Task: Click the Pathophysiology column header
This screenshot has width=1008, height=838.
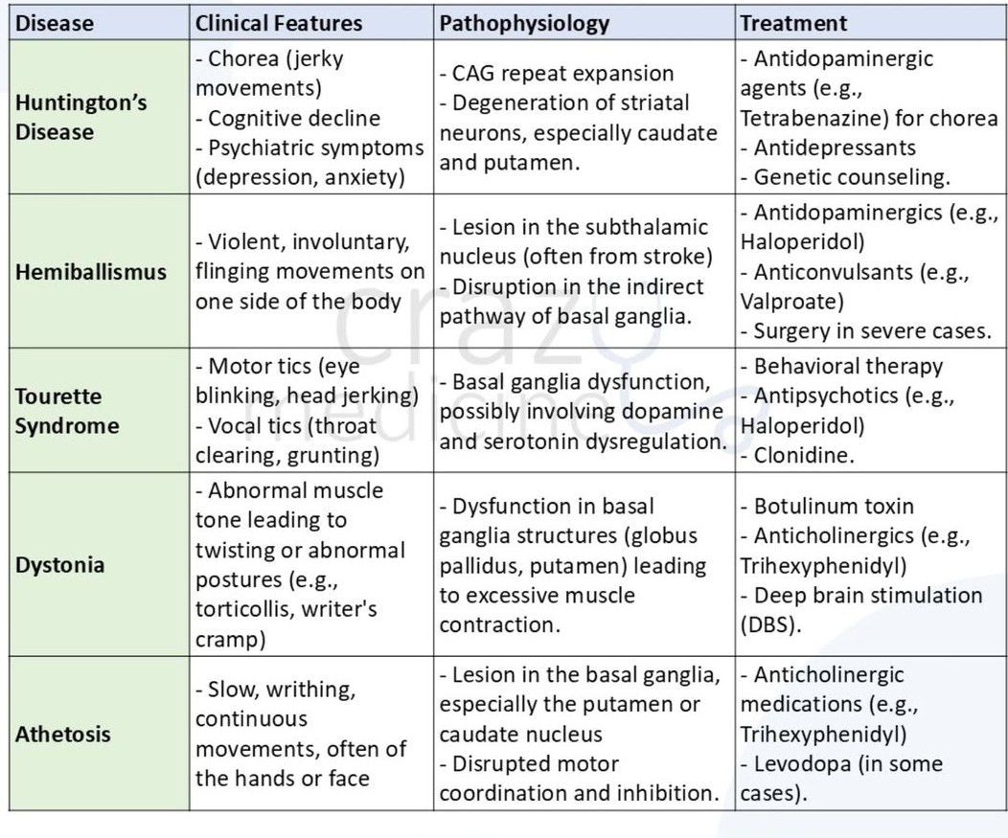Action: tap(524, 23)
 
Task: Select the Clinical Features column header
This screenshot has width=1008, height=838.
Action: tap(279, 23)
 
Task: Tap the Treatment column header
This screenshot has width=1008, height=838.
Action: tap(793, 23)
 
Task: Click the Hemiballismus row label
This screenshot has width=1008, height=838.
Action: tap(91, 272)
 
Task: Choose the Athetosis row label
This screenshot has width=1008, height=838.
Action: tap(63, 735)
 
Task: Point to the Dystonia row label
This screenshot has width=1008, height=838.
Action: tap(58, 564)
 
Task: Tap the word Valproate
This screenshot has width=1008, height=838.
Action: tap(778, 302)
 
